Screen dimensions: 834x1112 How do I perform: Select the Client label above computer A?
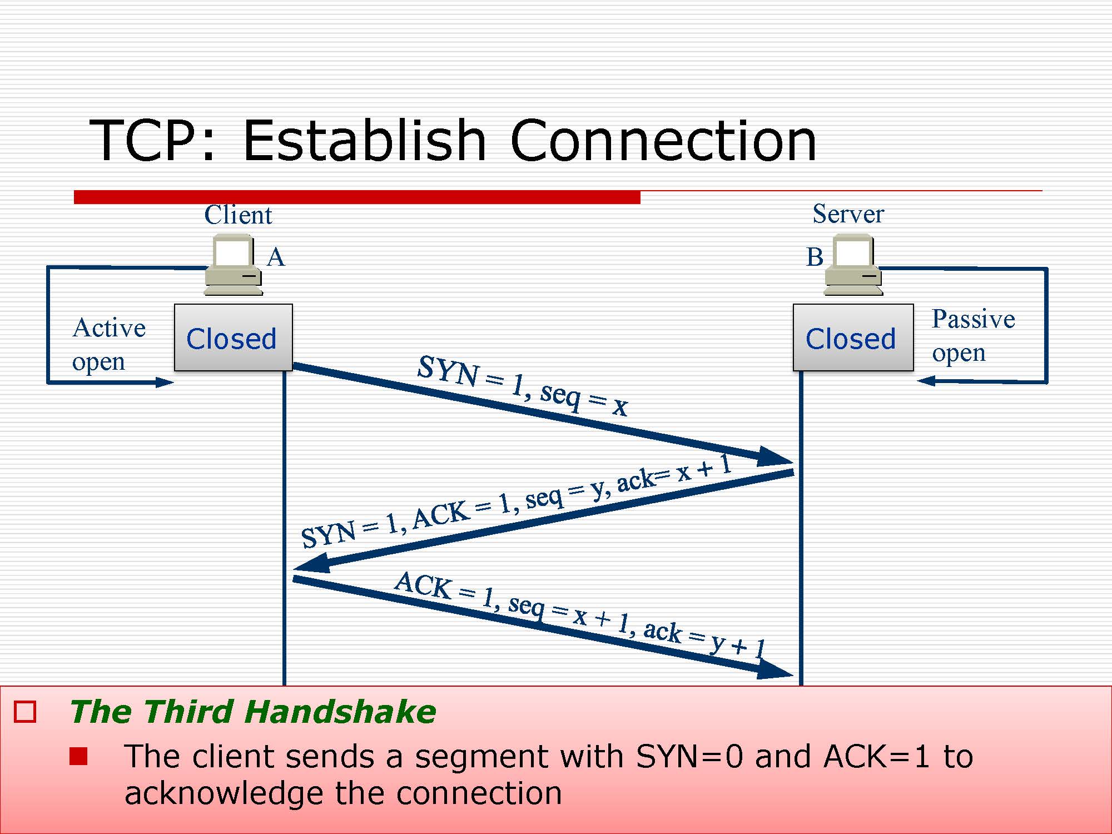point(238,215)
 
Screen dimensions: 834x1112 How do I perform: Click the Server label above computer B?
point(848,214)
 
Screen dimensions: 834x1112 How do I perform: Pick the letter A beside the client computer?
point(276,257)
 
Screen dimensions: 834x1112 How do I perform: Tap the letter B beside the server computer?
point(815,257)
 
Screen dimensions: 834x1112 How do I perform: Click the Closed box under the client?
point(233,337)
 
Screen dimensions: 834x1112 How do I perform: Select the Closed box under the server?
point(852,337)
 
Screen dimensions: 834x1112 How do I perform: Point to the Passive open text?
point(973,335)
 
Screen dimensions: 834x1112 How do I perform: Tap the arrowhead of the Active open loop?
point(165,382)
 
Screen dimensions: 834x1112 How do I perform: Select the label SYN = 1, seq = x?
point(523,385)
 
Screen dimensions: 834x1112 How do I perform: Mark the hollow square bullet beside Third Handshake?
point(25,712)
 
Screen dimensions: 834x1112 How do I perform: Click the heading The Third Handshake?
point(253,712)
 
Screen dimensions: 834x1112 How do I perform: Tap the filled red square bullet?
point(78,757)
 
